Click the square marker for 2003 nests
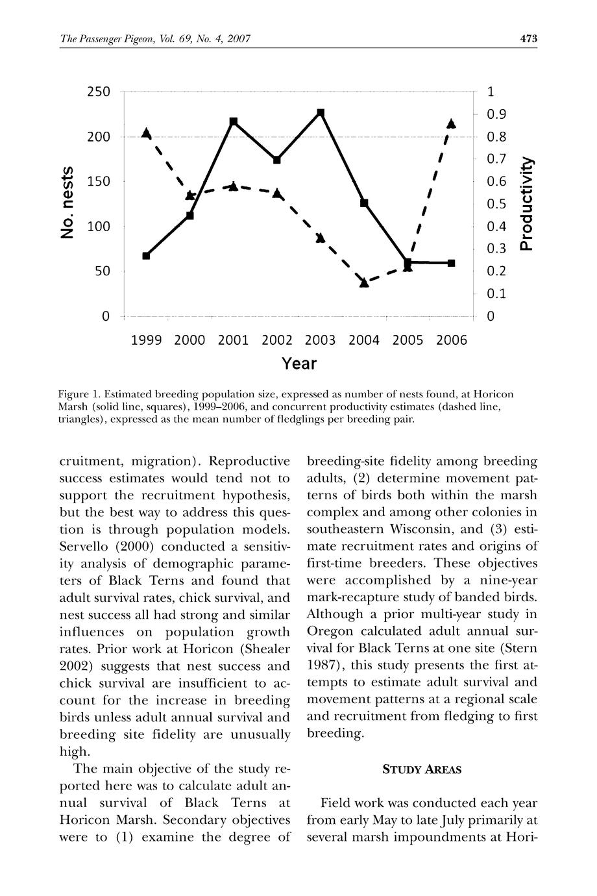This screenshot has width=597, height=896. point(321,114)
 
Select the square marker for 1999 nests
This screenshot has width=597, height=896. point(146,256)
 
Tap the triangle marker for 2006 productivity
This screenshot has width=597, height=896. point(452,123)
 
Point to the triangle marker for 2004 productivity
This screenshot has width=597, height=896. point(364,282)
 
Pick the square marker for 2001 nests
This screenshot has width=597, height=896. point(234,121)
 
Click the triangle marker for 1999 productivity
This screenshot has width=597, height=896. point(146,134)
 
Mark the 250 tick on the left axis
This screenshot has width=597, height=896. point(99,92)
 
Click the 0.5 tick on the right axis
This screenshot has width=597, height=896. point(496,205)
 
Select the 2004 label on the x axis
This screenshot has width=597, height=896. point(364,340)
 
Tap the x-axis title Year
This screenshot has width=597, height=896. point(299,364)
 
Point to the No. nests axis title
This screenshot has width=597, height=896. point(67,203)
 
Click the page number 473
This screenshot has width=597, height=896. point(529,39)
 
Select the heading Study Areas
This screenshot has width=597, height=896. point(422,770)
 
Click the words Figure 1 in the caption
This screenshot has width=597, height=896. point(80,394)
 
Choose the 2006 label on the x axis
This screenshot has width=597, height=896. point(452,340)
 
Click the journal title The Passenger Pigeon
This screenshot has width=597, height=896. point(103,39)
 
